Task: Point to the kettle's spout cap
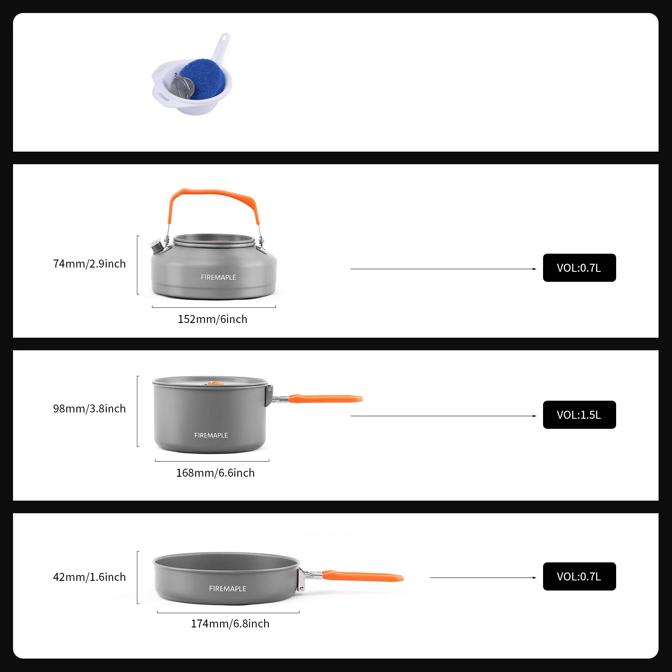pyautogui.click(x=156, y=246)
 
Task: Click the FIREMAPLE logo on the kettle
pyautogui.click(x=218, y=277)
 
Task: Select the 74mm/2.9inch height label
pyautogui.click(x=89, y=264)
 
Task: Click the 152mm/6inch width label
pyautogui.click(x=212, y=319)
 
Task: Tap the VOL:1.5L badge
pyautogui.click(x=579, y=415)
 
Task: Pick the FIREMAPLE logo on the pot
pyautogui.click(x=211, y=436)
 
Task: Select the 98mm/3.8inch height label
pyautogui.click(x=89, y=409)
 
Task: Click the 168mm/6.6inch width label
pyautogui.click(x=215, y=473)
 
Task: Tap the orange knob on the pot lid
pyautogui.click(x=213, y=383)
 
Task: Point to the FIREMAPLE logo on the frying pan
pyautogui.click(x=227, y=589)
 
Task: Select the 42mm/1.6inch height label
pyautogui.click(x=89, y=577)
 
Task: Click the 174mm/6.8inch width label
pyautogui.click(x=230, y=624)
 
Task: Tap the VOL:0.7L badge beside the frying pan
pyautogui.click(x=579, y=577)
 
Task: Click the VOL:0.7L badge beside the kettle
pyautogui.click(x=579, y=268)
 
